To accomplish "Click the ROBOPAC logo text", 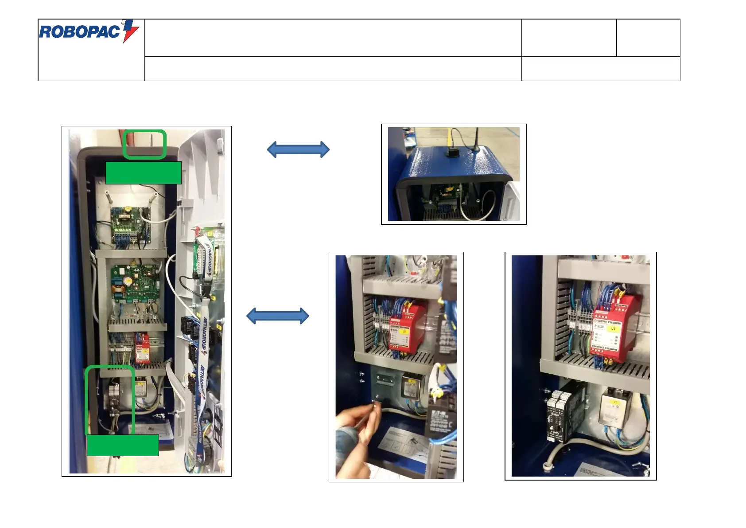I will click(x=80, y=31).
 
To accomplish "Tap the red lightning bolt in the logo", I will click(x=131, y=31).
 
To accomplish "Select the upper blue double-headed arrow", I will click(x=298, y=149).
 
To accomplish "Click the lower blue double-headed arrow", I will click(x=278, y=316).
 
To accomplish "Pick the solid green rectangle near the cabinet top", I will click(x=144, y=173).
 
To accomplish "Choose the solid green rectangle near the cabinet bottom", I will click(x=123, y=445).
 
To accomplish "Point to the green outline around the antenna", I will click(x=144, y=145).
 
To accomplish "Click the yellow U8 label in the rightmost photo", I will click(x=614, y=329).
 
